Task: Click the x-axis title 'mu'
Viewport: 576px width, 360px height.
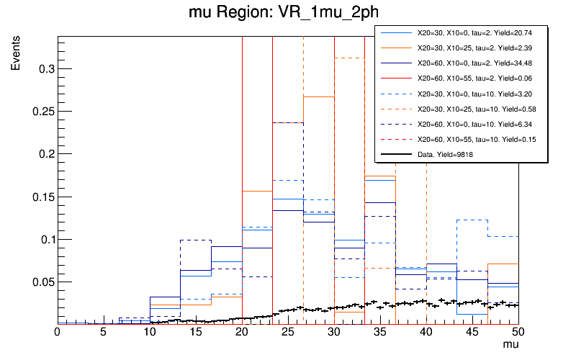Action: coord(510,345)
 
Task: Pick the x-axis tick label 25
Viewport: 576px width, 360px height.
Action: coord(287,333)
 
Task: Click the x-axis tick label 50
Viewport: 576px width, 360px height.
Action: coord(518,333)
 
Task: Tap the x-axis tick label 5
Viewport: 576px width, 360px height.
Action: coord(103,333)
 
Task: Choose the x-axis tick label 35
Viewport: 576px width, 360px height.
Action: coord(379,333)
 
